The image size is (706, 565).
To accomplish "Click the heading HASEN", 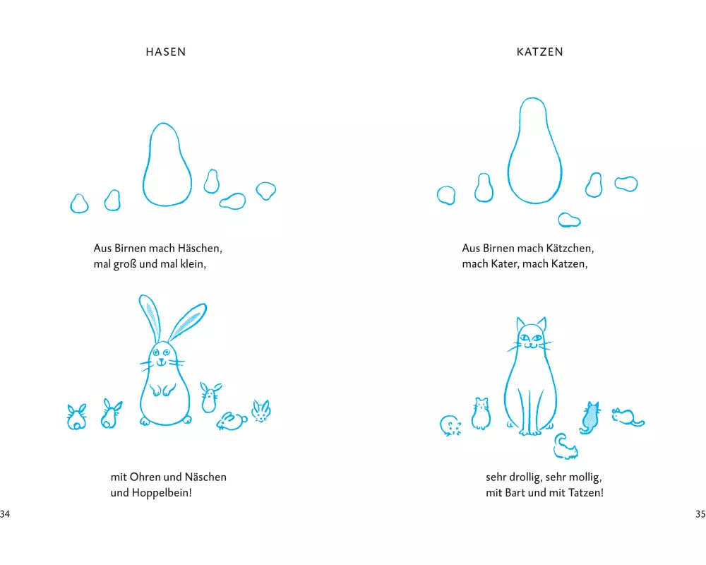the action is (x=166, y=52).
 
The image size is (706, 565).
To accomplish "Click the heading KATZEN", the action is (x=540, y=52).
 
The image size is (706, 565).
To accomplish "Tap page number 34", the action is (x=4, y=514).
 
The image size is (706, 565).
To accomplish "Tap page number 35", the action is (x=700, y=514).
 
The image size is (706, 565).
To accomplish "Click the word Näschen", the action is (x=205, y=477).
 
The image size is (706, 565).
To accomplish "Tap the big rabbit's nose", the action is (x=161, y=360).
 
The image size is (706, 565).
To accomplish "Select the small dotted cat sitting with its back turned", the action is (x=590, y=417).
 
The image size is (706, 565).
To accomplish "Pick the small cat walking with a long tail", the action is (x=627, y=417).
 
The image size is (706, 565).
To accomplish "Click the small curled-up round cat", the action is (x=450, y=426).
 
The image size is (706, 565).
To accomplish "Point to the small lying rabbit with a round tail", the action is (x=232, y=421).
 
